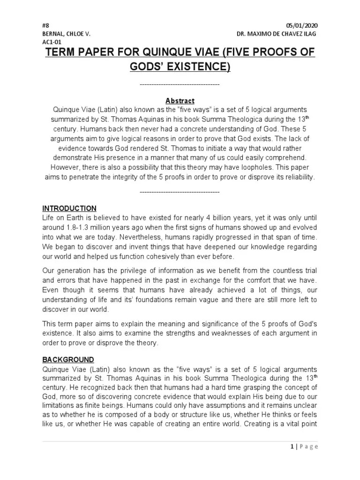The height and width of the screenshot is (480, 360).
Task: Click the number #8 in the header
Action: [x=45, y=25]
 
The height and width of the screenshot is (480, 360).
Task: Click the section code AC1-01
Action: [x=51, y=42]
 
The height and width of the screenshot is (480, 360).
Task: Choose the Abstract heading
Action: [x=180, y=101]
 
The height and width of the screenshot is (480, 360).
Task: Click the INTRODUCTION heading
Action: [x=69, y=208]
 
